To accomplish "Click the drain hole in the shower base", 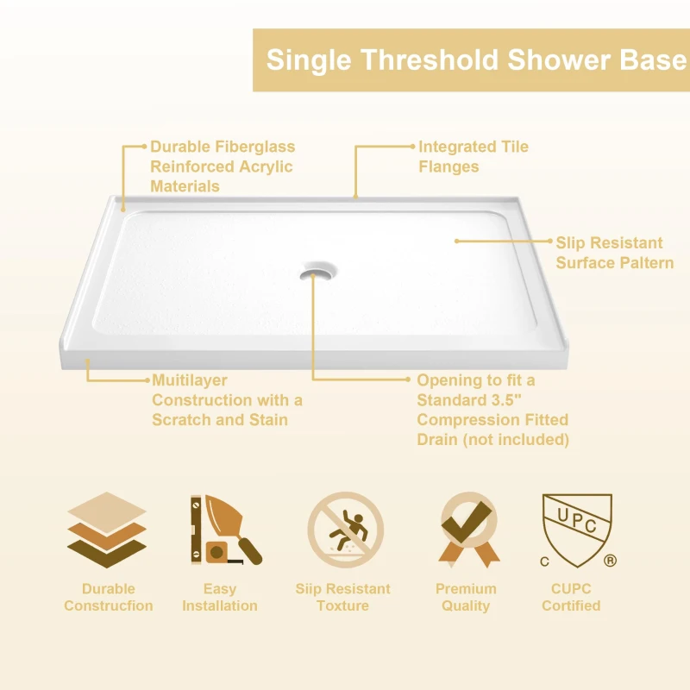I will point(313,273).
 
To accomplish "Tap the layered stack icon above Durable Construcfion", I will point(106,530).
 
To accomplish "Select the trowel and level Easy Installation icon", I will point(221,530).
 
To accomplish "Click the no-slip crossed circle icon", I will point(346,530).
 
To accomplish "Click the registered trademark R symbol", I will point(611,561).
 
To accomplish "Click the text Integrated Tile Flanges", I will point(473,156).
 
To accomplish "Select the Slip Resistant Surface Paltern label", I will point(613,253).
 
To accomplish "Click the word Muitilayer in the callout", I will point(189,380).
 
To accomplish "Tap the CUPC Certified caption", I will point(571,597).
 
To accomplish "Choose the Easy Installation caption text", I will point(220,597).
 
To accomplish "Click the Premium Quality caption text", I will point(466,597).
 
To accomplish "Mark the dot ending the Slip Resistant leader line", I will point(456,242).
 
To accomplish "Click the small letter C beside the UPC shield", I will point(544,561).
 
